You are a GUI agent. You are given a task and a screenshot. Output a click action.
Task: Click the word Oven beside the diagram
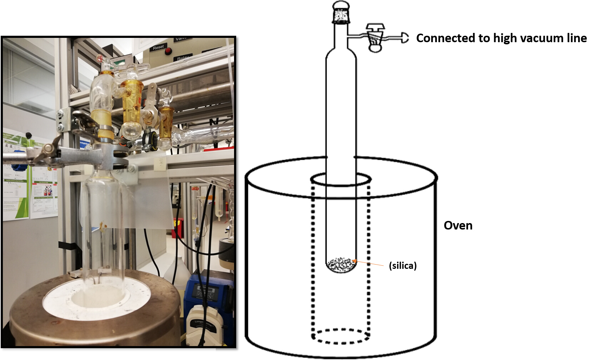[458, 226]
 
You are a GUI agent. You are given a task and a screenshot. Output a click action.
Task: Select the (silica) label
[403, 266]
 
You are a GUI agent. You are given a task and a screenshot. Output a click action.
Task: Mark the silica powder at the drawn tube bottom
[341, 265]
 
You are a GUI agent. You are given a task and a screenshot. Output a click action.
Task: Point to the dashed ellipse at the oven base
[340, 336]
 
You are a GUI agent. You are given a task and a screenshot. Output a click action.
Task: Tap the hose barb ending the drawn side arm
[404, 38]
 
